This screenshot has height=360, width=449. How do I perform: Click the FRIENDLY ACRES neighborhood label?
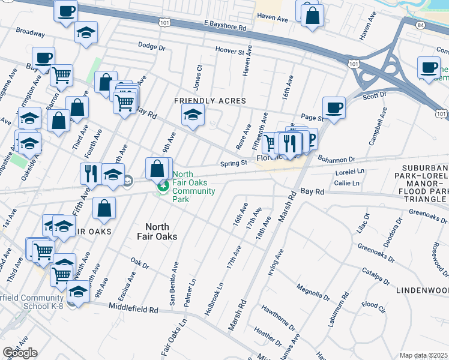coord(210,101)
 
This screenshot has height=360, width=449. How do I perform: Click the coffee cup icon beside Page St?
coord(334,108)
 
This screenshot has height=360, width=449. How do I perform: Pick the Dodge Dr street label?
coord(151,46)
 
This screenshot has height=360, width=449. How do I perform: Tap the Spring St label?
coord(234,163)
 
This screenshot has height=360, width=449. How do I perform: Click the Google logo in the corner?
coord(20,353)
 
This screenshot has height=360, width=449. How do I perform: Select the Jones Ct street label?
coord(197,75)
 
